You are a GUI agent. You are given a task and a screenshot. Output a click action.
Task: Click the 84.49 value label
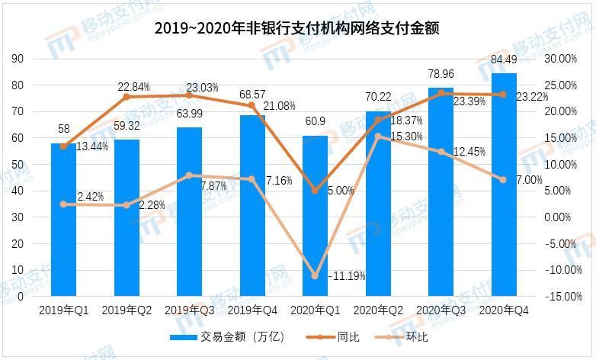coord(504,59)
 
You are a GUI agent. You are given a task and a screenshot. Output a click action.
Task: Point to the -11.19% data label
coord(348,275)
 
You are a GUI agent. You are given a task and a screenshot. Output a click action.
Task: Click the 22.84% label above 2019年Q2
coord(133,87)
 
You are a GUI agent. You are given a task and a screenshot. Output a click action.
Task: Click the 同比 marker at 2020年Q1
coord(316,190)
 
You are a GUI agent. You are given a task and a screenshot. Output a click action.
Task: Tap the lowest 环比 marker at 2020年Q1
coord(316,275)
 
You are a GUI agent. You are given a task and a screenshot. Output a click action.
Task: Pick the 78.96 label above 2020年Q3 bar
coord(441,76)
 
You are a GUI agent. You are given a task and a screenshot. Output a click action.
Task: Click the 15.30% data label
coord(398,137)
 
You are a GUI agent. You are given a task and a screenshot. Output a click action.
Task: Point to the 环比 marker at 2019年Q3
coord(190,175)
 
